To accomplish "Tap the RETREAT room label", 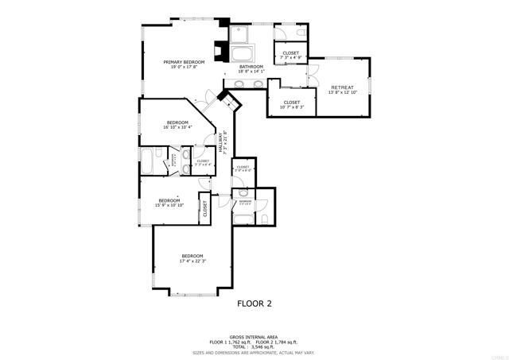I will (342, 87).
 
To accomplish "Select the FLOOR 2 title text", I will (254, 303).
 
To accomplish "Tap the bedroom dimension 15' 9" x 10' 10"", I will (169, 205).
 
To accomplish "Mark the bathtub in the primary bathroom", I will (241, 55).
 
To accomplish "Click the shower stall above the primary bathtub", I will (240, 34).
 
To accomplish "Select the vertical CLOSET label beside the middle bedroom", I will (204, 208).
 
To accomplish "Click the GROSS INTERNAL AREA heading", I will (254, 336).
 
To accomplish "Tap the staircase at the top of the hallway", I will (230, 101).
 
